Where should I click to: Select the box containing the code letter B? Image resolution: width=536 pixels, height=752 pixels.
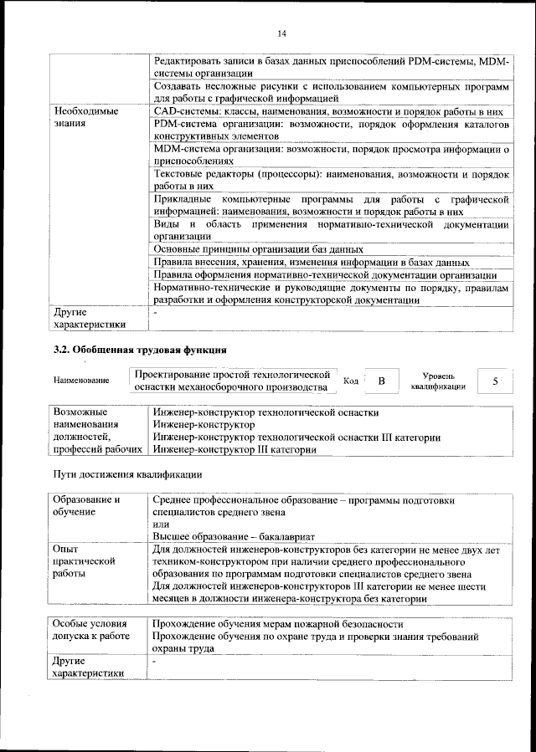381,381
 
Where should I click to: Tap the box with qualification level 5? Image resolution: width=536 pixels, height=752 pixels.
495,381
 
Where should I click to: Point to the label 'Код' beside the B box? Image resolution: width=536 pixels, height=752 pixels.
352,381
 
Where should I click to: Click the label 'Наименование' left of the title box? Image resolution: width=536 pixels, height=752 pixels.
81,381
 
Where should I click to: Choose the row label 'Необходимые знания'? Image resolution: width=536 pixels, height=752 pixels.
85,117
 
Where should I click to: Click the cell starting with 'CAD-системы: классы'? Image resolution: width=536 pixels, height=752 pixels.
328,110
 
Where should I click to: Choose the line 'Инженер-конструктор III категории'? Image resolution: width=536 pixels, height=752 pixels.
234,449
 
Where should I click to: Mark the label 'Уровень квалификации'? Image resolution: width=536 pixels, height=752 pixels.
438,381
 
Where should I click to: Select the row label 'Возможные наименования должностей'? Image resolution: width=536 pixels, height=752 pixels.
95,431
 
